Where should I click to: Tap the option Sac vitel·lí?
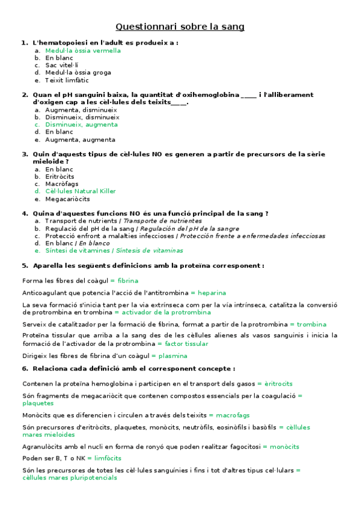click(x=62, y=65)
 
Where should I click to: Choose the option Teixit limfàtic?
click(x=67, y=80)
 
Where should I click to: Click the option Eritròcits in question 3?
click(x=60, y=177)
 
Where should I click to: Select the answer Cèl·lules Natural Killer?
click(x=81, y=191)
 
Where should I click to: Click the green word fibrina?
click(x=128, y=281)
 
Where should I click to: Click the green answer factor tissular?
click(x=186, y=344)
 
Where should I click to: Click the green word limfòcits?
click(x=108, y=458)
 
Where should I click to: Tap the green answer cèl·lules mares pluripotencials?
click(x=70, y=478)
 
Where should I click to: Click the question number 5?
click(x=25, y=265)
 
